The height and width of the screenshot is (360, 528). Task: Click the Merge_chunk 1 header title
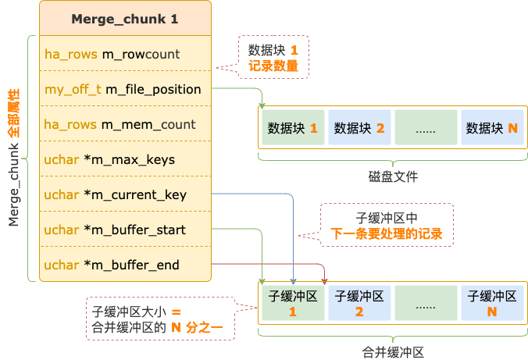(125, 18)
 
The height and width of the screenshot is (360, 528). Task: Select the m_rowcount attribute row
(125, 54)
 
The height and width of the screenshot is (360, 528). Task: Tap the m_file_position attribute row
(125, 89)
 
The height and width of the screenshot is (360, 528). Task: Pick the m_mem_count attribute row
(125, 124)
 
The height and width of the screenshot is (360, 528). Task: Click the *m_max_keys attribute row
(125, 159)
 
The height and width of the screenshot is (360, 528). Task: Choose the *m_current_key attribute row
(125, 194)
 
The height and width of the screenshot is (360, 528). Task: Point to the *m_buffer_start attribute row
(125, 230)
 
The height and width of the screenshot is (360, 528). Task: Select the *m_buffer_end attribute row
(125, 265)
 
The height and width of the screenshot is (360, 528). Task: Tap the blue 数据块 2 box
(359, 127)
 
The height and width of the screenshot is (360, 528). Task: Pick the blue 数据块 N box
(491, 127)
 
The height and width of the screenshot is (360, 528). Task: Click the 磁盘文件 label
(393, 176)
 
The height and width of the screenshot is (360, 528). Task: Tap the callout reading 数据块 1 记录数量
(273, 58)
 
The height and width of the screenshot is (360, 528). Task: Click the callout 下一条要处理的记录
(387, 226)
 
